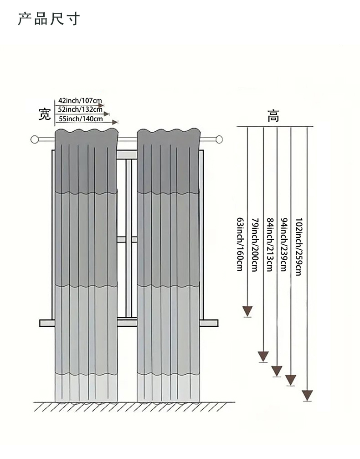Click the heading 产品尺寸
pos(49,19)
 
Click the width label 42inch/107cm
pos(80,100)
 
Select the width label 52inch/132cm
pos(80,109)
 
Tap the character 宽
pos(44,114)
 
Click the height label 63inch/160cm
pos(240,244)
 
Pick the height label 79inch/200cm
pos(255,244)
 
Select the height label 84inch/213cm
pos(269,244)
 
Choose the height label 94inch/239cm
pos(283,244)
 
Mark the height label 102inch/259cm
pos(298,246)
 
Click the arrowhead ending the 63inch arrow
pos(247,311)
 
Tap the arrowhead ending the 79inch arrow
pos(263,356)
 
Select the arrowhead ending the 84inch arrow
pos(277,371)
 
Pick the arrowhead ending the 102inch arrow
pos(308,395)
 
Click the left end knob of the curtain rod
pos(35,139)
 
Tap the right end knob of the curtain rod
pos(219,139)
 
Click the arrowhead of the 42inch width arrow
pos(102,105)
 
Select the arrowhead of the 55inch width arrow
pos(115,122)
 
